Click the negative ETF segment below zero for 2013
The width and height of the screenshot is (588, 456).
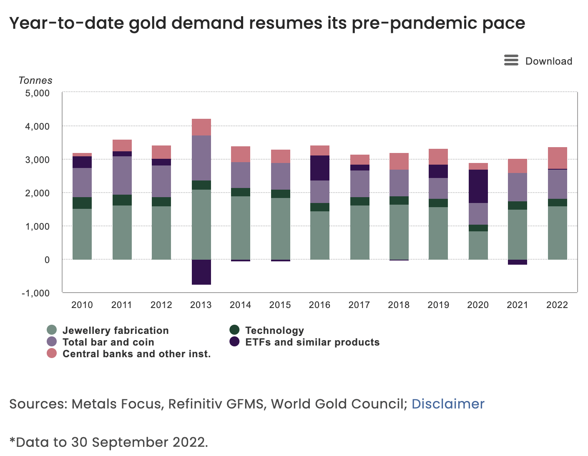(x=201, y=272)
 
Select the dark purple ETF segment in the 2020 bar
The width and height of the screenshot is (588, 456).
(x=478, y=186)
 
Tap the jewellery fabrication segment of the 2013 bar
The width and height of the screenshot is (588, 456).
(x=201, y=225)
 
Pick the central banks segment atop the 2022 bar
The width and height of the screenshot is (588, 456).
(x=557, y=158)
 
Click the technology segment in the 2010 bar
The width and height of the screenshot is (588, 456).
(x=82, y=203)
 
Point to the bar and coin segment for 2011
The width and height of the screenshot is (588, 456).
(x=122, y=175)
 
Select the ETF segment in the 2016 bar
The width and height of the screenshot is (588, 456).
(x=319, y=168)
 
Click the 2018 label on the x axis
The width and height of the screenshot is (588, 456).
(x=399, y=305)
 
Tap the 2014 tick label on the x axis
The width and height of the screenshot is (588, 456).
(x=240, y=305)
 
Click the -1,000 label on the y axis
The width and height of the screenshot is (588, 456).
(x=36, y=293)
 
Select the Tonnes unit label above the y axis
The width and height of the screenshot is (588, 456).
(x=35, y=80)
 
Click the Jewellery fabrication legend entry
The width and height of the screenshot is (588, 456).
(x=115, y=331)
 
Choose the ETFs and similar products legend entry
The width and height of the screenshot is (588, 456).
(x=312, y=342)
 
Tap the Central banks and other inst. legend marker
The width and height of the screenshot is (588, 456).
(x=52, y=354)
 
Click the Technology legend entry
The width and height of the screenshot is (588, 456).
(x=274, y=331)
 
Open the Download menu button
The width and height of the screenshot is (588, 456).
(x=538, y=61)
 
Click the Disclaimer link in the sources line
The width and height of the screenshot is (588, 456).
(x=448, y=404)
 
